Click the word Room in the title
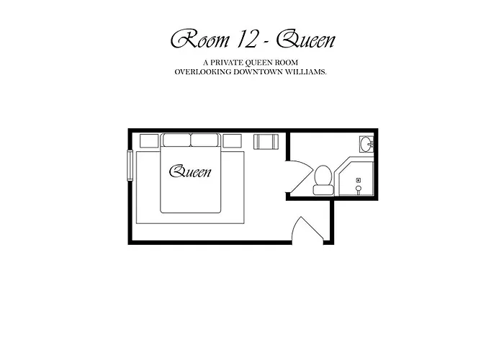pos(200,40)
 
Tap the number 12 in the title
pos(246,40)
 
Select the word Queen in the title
pos(306,40)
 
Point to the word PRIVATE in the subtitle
pos(225,62)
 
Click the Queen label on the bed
pos(191,171)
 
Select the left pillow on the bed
pos(177,140)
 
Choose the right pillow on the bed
pos(204,140)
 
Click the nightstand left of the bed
pos(149,141)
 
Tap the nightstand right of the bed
pos(232,141)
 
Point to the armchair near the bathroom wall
pos(266,142)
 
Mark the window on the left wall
pos(130,165)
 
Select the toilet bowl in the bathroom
pos(323,175)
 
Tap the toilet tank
pos(323,190)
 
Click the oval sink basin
pos(366,144)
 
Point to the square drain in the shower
pos(359,180)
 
